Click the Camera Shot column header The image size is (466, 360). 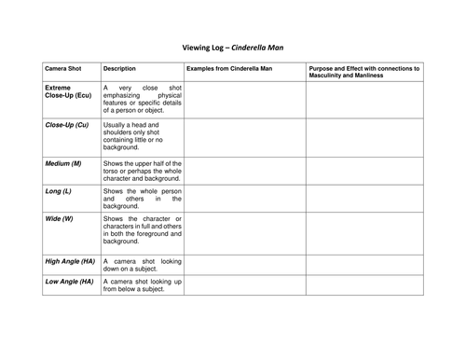63,69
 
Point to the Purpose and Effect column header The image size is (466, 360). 365,73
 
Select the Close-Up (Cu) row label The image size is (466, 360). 66,124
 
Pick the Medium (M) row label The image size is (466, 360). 63,164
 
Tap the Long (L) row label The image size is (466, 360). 59,191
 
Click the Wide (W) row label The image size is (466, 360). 59,219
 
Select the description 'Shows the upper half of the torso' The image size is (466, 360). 141,170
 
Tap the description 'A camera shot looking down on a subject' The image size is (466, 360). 141,265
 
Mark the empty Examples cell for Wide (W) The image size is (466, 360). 242,232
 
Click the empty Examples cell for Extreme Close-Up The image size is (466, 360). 242,99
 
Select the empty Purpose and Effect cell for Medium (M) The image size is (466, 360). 365,170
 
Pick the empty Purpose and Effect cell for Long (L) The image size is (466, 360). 365,198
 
